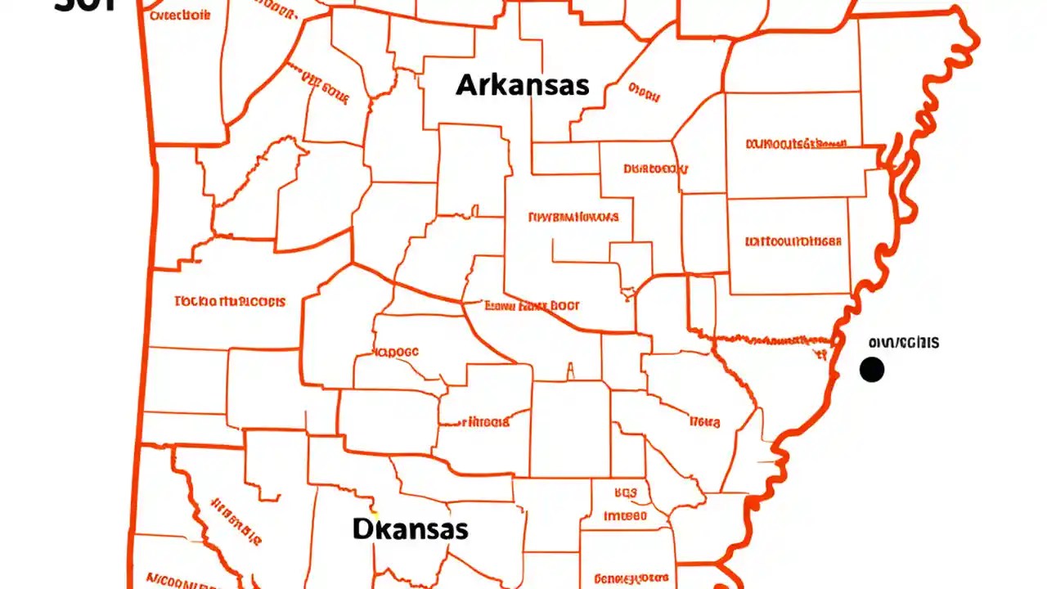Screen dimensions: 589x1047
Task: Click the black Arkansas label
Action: [x=522, y=84]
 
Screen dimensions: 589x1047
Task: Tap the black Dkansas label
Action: [x=411, y=528]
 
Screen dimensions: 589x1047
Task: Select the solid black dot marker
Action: [x=872, y=370]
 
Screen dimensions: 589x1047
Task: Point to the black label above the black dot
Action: [x=904, y=342]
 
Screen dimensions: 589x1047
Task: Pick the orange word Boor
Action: [x=564, y=305]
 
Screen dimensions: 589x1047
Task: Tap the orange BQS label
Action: [x=625, y=493]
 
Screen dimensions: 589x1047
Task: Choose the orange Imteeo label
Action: [x=625, y=516]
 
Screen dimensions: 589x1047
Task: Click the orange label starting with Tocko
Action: [x=231, y=301]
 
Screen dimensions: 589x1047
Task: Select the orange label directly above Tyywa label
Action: [x=655, y=169]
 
